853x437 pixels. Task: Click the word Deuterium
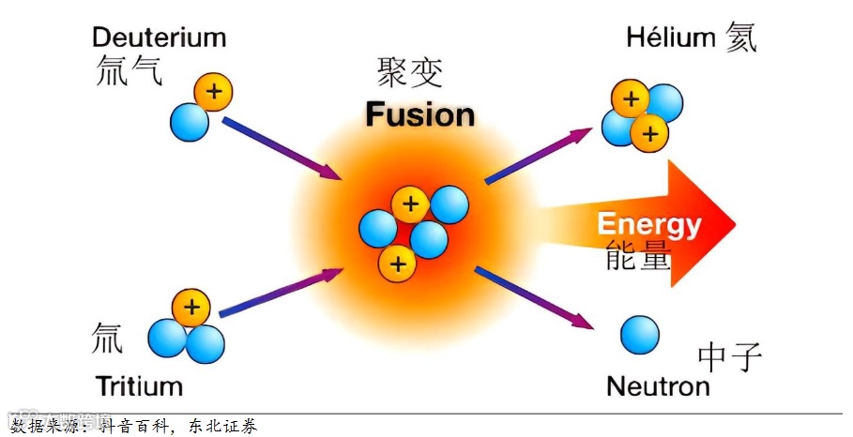click(x=159, y=38)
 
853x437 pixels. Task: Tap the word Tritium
click(x=139, y=385)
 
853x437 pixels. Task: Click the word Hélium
click(x=671, y=38)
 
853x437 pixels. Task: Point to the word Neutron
click(x=658, y=385)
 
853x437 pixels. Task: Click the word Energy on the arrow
click(x=649, y=224)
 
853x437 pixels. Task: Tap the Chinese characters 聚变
click(x=410, y=71)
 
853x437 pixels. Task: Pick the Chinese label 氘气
click(x=129, y=71)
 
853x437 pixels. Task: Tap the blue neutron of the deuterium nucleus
click(x=190, y=122)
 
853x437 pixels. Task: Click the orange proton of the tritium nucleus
click(x=191, y=307)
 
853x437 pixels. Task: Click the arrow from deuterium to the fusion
click(x=280, y=148)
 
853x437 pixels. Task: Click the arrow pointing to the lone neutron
click(x=532, y=297)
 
